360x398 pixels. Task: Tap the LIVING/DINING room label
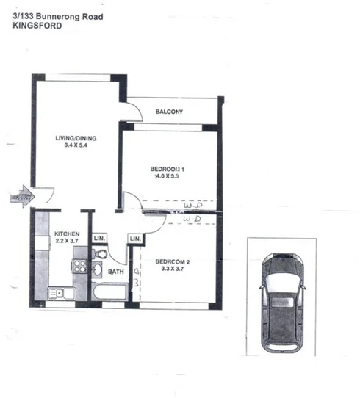(x=77, y=138)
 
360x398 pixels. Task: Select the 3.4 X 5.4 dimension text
(x=77, y=147)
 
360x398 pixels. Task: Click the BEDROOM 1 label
(x=167, y=168)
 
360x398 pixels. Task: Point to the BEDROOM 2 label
(x=173, y=261)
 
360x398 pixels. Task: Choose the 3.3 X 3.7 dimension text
(x=173, y=269)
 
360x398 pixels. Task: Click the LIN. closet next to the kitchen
(x=99, y=239)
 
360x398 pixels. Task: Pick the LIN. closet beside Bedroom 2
(x=135, y=239)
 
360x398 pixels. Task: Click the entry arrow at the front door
(x=19, y=195)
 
